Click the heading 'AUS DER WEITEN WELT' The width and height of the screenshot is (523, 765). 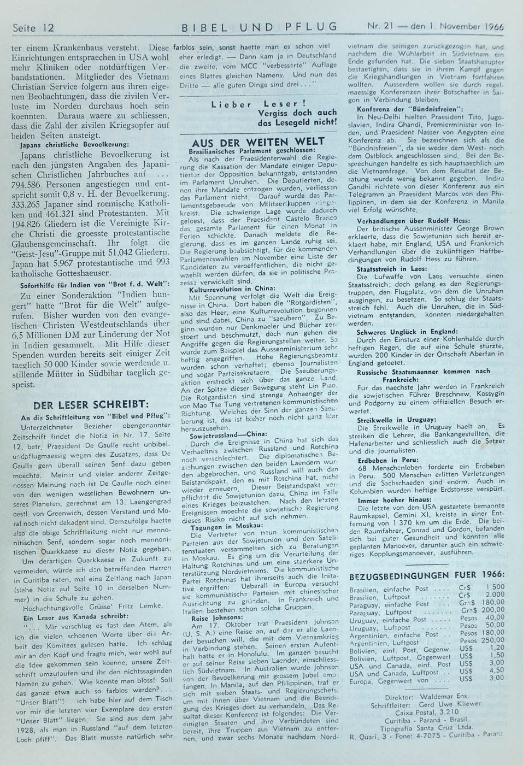[258, 141]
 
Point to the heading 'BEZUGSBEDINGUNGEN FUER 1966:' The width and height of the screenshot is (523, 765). [426, 574]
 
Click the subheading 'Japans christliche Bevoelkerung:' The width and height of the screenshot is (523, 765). [74, 145]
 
